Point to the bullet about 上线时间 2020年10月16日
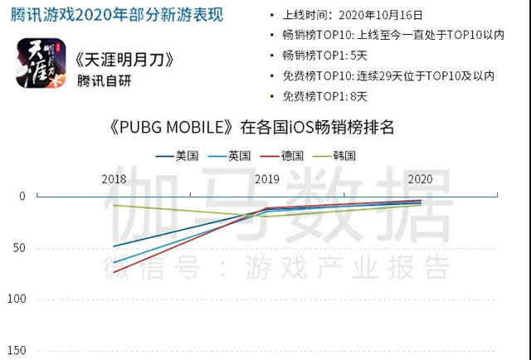coord(352,15)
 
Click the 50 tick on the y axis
coord(20,247)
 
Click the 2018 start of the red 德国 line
coord(114,272)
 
